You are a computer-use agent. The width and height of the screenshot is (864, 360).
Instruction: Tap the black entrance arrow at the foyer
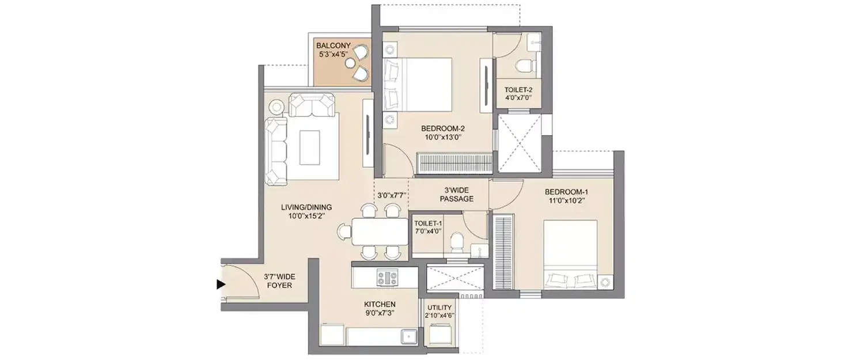click(x=220, y=284)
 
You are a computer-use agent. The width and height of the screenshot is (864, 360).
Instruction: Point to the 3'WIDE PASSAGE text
click(x=456, y=195)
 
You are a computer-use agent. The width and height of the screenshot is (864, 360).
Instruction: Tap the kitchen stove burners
click(x=388, y=278)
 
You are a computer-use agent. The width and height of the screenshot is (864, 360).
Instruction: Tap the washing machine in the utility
click(x=441, y=334)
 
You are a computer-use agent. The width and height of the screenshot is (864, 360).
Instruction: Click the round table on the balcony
click(x=353, y=62)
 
